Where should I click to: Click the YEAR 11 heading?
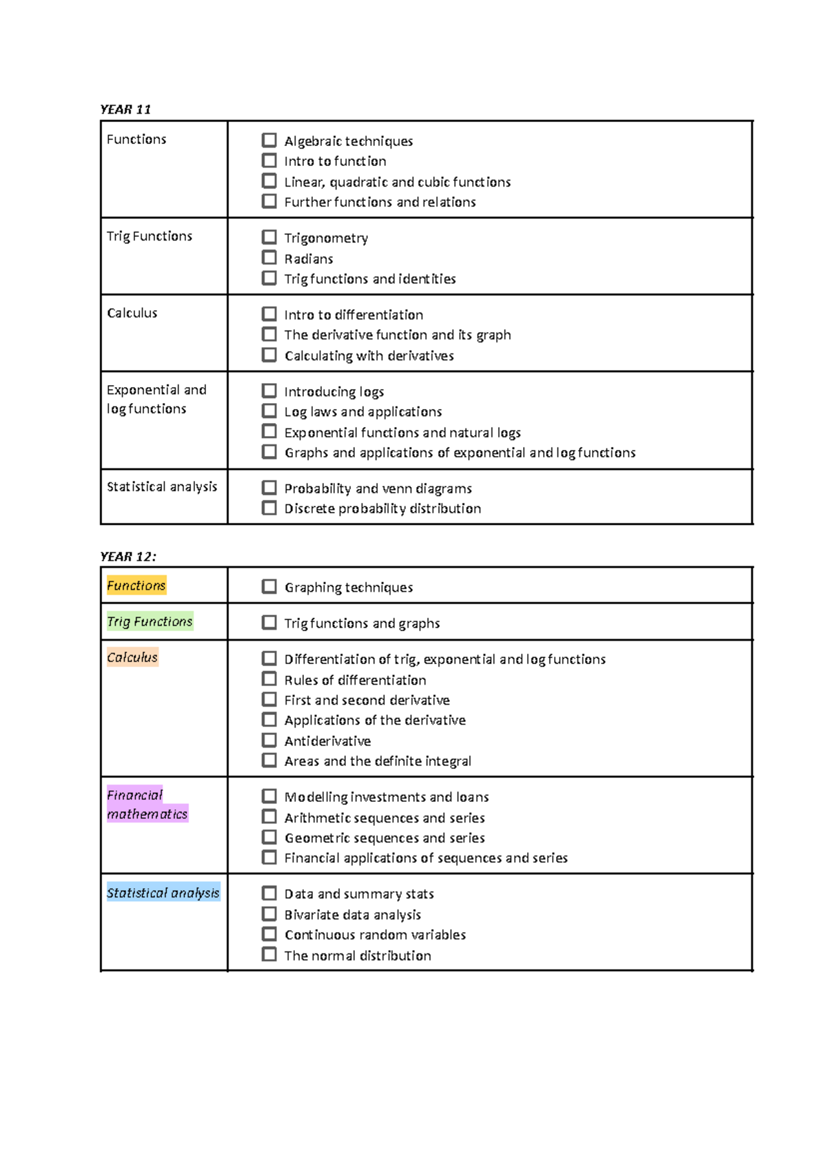[x=125, y=110]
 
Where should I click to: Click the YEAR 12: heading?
[x=128, y=557]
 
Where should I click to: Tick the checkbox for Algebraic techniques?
[x=269, y=141]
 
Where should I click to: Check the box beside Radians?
[x=269, y=258]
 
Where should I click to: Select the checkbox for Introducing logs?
[x=269, y=391]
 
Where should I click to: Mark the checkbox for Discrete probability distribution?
[x=269, y=508]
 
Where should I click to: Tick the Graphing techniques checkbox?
[x=269, y=586]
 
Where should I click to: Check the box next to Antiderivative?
[x=269, y=740]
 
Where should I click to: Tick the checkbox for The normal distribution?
[x=269, y=955]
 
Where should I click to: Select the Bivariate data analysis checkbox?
[x=269, y=914]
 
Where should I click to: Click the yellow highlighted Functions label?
[x=136, y=586]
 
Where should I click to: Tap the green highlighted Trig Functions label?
[x=150, y=621]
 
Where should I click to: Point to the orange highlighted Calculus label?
[x=132, y=657]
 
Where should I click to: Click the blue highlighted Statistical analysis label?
[x=163, y=893]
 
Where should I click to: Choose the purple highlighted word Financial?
[x=134, y=795]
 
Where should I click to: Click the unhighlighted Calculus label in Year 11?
[x=132, y=313]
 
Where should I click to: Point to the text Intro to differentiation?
[x=354, y=315]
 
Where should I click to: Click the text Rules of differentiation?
[x=355, y=680]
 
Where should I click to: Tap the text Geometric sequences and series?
[x=385, y=838]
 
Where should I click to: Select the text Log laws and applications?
[x=363, y=412]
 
